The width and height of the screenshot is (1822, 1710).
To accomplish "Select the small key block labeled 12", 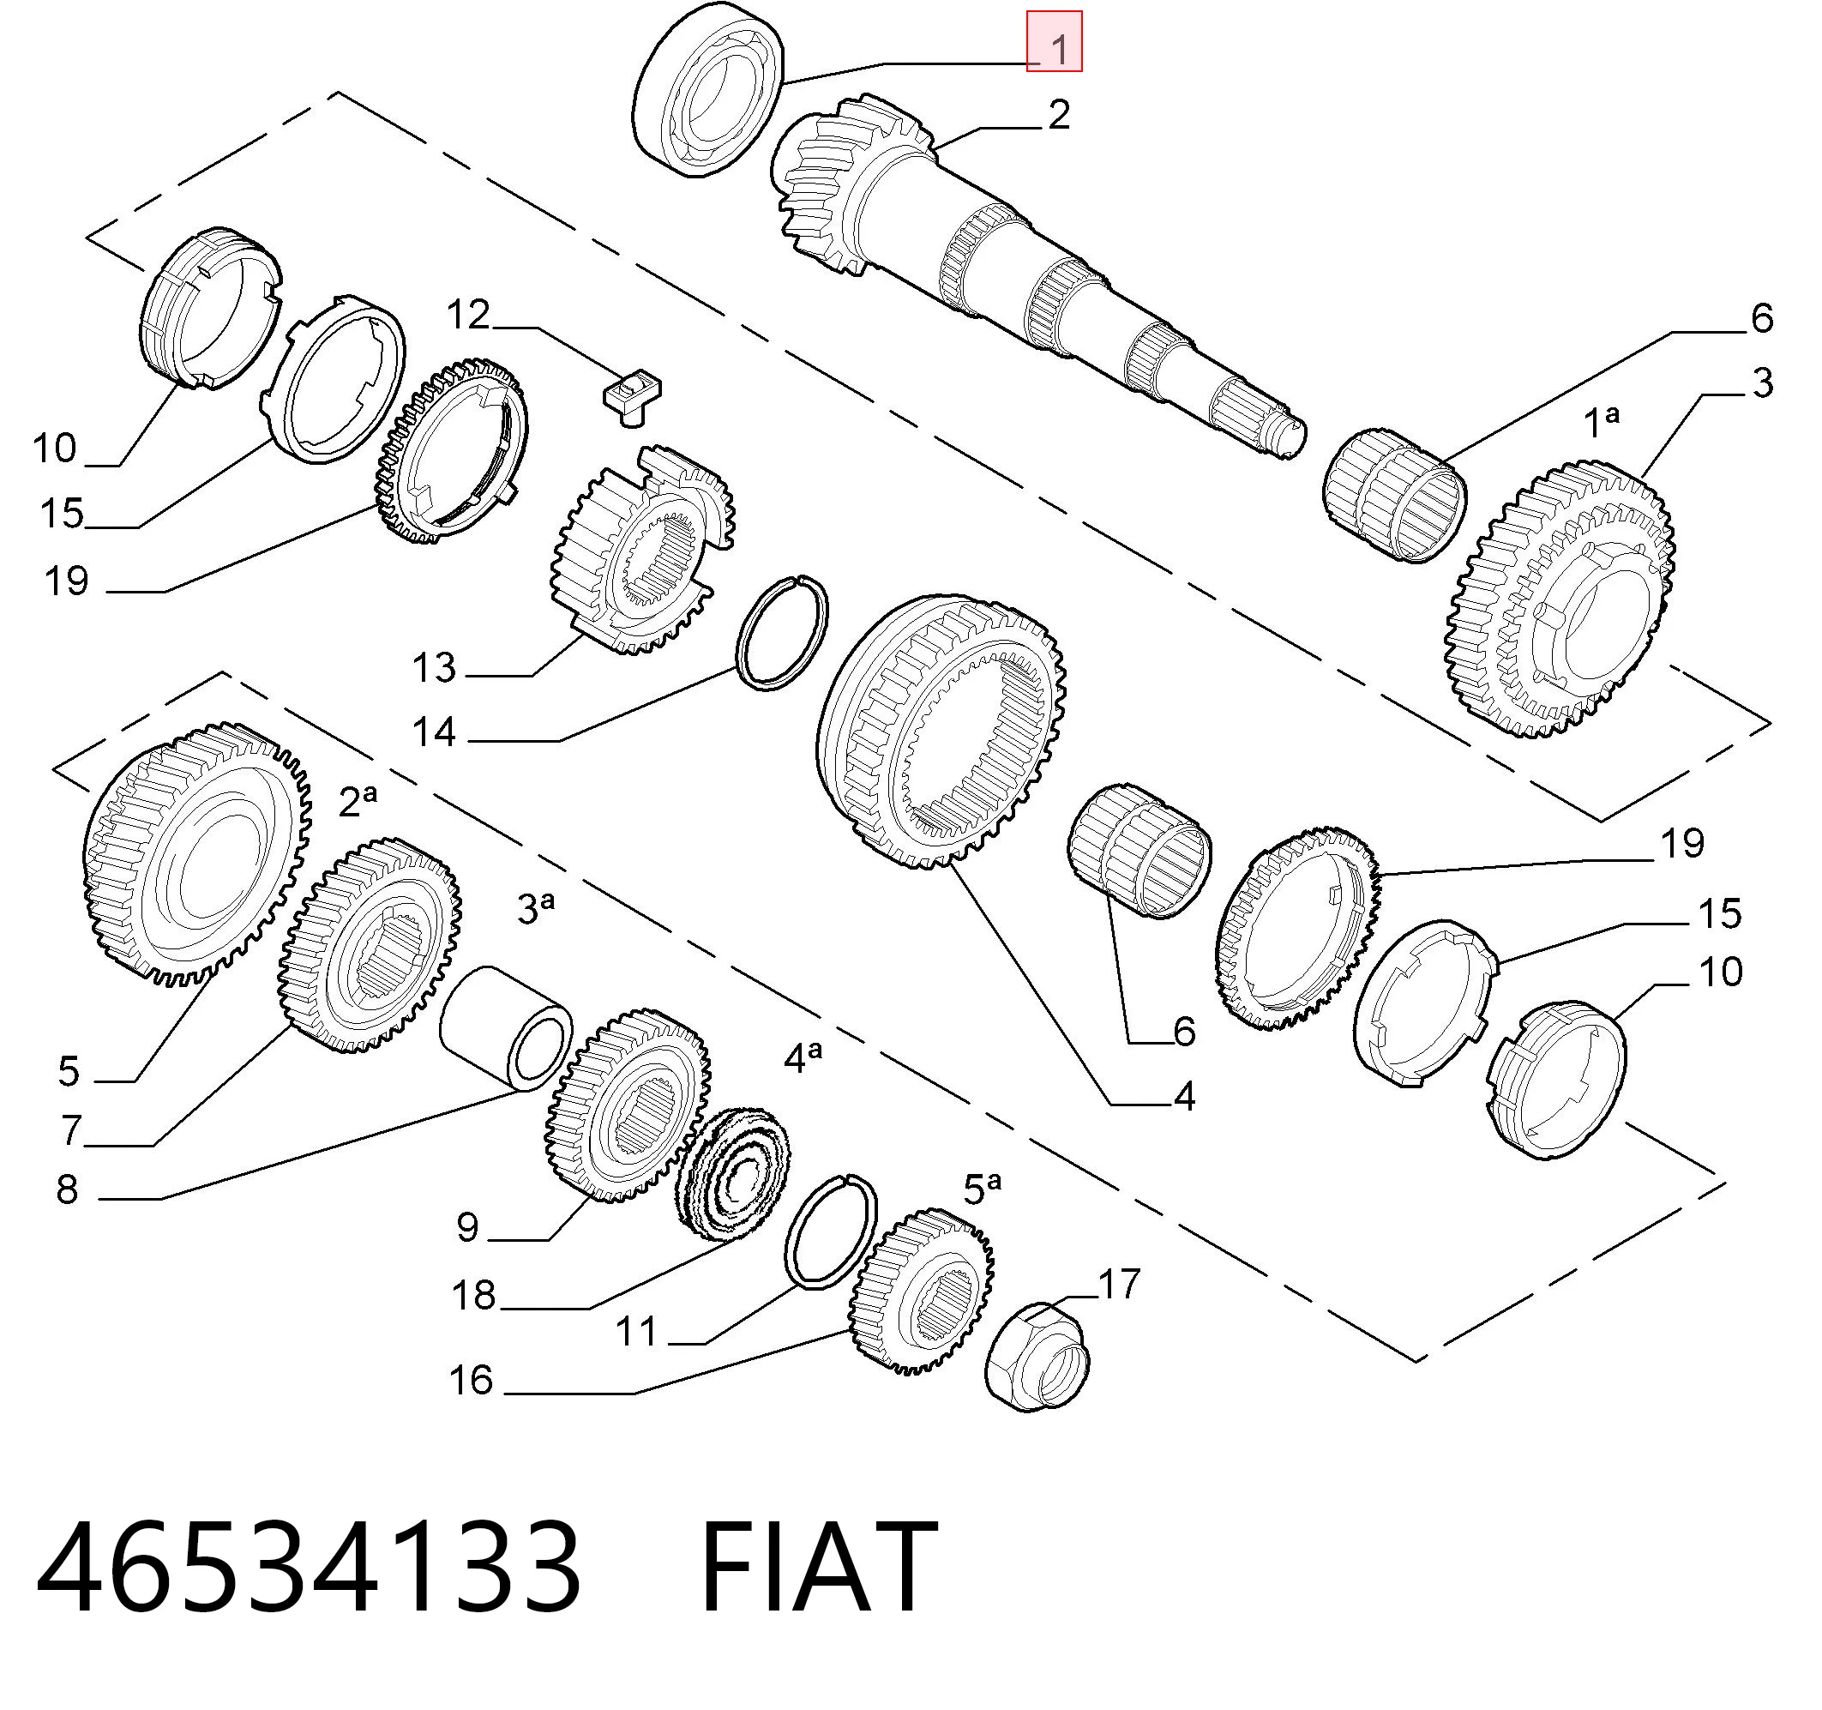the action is click(631, 394).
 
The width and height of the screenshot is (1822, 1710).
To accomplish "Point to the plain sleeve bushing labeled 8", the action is click(505, 1030).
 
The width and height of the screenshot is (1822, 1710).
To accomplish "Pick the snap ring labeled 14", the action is click(782, 633).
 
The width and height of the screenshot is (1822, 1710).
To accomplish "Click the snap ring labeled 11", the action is click(830, 1231).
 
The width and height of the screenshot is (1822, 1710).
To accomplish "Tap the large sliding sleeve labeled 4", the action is click(941, 730).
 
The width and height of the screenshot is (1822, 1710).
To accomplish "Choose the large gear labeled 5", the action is click(198, 852).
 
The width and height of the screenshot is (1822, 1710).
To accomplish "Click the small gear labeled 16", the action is click(921, 1291).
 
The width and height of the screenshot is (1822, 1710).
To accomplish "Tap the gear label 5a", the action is click(983, 1189).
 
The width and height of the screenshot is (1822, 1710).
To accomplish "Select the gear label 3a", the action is click(536, 907).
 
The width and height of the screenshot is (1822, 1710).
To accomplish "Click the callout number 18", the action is click(474, 1296).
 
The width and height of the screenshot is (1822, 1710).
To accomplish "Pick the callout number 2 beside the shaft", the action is click(1059, 116).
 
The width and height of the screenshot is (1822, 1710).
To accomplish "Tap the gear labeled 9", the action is click(628, 1105).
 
